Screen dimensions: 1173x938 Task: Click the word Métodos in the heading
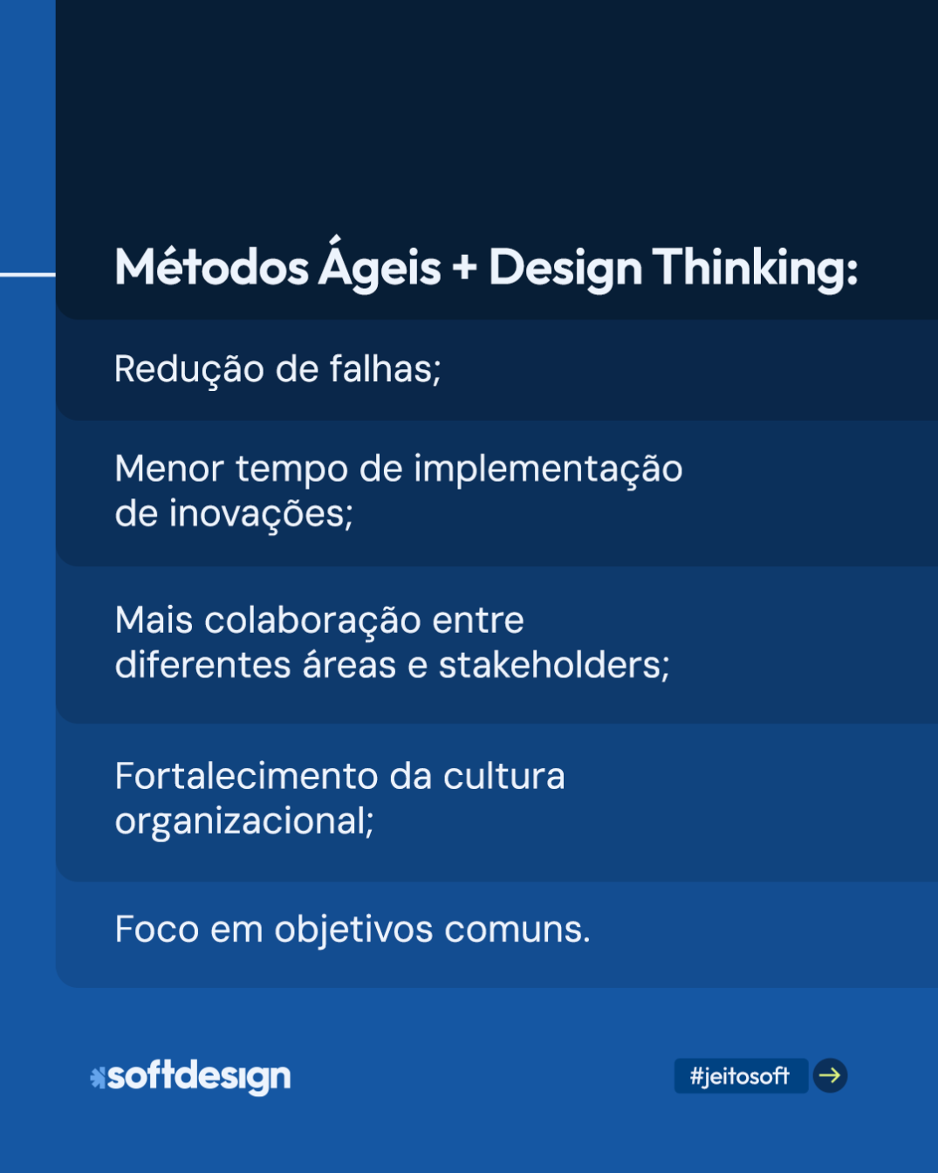tap(211, 267)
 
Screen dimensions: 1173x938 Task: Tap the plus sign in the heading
tap(464, 267)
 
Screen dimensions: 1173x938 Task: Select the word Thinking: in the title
tap(755, 267)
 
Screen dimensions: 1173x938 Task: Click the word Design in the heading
tap(565, 269)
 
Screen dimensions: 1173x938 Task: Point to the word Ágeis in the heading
tap(380, 265)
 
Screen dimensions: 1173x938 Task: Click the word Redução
tap(188, 369)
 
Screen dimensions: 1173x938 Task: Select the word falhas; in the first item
tap(385, 369)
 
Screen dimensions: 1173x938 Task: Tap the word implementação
tap(547, 470)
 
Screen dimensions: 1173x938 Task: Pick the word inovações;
tap(261, 514)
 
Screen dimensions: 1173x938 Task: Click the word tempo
tap(291, 470)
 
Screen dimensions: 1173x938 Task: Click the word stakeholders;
tap(553, 665)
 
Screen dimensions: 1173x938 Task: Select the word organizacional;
tap(244, 821)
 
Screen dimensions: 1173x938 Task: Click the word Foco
tap(156, 929)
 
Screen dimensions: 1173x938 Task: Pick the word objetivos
tap(353, 930)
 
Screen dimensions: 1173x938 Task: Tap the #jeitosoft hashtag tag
tap(740, 1076)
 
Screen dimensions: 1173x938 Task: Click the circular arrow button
tap(830, 1075)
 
